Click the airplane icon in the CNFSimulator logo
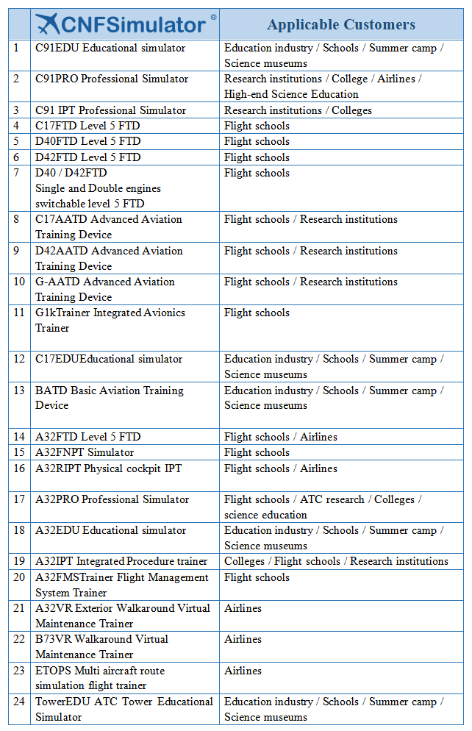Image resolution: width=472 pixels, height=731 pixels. tap(48, 24)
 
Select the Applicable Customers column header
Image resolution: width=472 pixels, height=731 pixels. tap(341, 24)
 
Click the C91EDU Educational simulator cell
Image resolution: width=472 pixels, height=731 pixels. tap(110, 48)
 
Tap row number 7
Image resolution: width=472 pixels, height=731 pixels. tap(17, 173)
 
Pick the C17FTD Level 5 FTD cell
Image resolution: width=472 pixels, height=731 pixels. tap(87, 126)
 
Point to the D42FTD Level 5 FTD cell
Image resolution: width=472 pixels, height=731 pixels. tap(87, 157)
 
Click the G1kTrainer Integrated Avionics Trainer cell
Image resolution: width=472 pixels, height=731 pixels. tap(110, 320)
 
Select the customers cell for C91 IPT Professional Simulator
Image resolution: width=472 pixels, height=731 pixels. tap(298, 110)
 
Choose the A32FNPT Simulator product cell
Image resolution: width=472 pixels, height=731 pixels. tap(85, 452)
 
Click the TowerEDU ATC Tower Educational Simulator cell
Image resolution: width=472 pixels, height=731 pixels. tap(124, 709)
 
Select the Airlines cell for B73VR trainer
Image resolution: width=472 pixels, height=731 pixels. tap(243, 639)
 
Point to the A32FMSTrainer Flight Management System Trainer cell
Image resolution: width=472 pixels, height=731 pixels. tap(122, 585)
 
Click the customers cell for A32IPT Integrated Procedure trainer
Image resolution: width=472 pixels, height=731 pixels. tap(336, 561)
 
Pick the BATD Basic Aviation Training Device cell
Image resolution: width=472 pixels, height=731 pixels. tap(110, 398)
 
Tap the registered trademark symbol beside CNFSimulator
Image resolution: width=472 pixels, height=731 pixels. tap(213, 17)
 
